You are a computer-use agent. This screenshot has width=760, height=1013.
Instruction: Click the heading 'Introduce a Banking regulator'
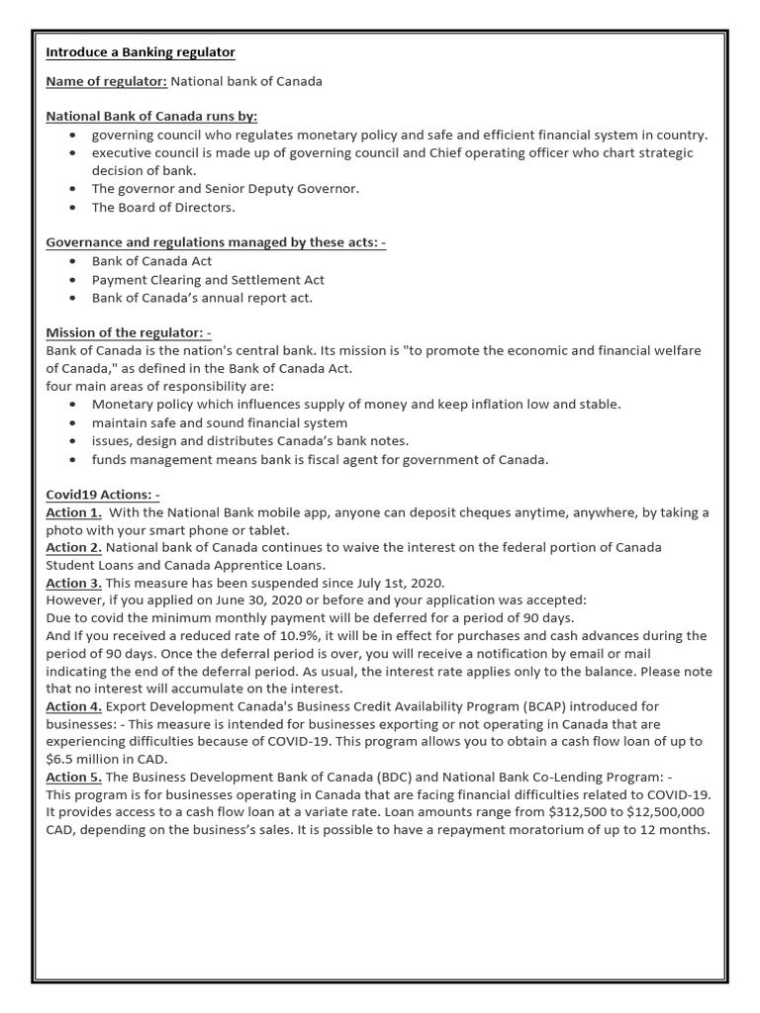click(141, 51)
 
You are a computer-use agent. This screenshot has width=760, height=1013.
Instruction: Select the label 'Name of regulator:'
click(106, 81)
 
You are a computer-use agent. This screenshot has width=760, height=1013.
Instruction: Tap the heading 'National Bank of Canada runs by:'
click(151, 116)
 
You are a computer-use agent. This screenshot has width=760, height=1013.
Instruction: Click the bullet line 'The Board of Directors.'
click(163, 208)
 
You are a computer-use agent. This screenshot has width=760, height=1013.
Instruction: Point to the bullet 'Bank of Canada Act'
click(151, 261)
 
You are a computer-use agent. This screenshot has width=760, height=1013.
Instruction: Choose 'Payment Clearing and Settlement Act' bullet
click(208, 280)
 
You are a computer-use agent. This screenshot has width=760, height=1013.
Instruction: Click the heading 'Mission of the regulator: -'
click(129, 333)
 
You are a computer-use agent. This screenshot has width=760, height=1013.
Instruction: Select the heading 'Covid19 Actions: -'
click(103, 494)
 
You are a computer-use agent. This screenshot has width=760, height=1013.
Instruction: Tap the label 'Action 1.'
click(74, 512)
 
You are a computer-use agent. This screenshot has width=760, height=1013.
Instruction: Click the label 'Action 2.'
click(74, 547)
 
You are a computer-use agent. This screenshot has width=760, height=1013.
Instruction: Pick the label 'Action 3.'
click(74, 583)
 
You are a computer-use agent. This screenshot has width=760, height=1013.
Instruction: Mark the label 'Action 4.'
click(74, 706)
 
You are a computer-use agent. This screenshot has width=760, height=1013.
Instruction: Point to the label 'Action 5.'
click(74, 778)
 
